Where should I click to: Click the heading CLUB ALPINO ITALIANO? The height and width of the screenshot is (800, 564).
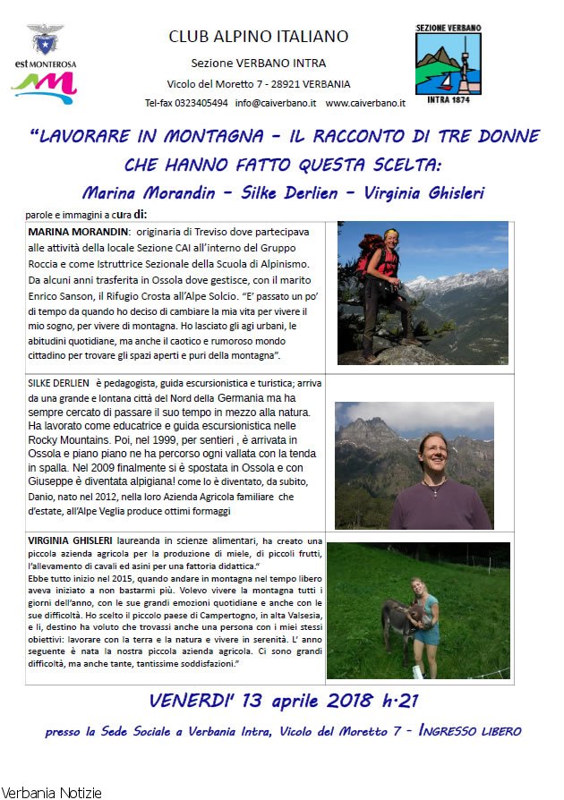coord(259,37)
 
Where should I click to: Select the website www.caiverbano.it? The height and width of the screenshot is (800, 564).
coord(365,103)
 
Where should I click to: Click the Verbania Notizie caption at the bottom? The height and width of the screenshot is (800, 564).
coord(51,792)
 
